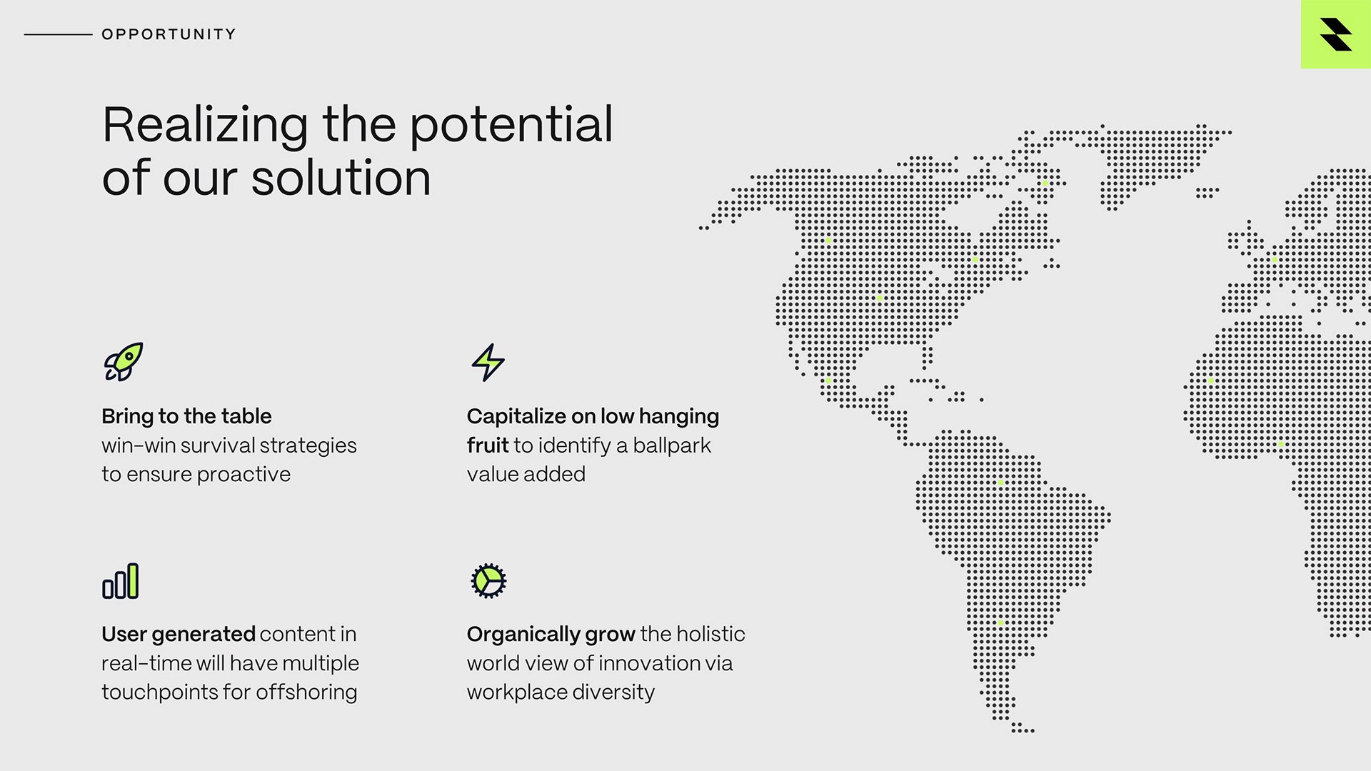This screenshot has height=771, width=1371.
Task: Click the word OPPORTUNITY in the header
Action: pos(169,34)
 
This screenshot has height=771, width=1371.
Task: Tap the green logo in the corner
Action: pos(1335,34)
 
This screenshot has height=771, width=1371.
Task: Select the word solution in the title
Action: pos(341,178)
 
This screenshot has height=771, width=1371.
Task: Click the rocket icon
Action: pos(124,362)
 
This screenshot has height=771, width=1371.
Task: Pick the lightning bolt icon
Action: pos(488,362)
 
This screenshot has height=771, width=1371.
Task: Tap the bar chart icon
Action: pos(121,581)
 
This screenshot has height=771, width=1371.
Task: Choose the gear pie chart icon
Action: pos(488,580)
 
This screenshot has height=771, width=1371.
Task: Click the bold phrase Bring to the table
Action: pos(186,416)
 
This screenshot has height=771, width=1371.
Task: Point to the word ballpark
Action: pos(671,445)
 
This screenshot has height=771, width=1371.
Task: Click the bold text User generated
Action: pos(178,634)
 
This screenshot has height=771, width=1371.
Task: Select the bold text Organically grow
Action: pos(551,635)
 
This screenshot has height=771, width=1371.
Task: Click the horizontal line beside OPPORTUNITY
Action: pos(58,34)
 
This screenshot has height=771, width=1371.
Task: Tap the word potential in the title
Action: pos(511,125)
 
